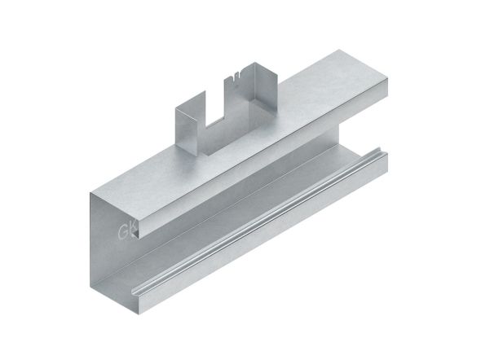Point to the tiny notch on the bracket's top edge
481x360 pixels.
point(236,79)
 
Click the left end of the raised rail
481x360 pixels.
point(134,290)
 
